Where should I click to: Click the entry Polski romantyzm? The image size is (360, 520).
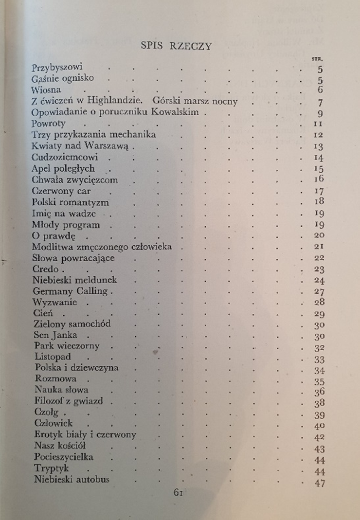[71, 202]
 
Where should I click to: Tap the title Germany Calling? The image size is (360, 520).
[72, 291]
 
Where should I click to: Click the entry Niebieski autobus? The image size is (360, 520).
[72, 480]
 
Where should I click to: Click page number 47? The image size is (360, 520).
[319, 483]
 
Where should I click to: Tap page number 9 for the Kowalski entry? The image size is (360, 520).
[320, 114]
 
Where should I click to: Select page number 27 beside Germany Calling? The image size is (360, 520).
[319, 291]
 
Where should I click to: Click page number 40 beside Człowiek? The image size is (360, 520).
[319, 426]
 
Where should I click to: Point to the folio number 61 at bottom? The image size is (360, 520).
[178, 492]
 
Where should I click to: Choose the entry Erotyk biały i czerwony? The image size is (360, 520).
[85, 435]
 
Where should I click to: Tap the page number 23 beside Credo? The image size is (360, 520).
[319, 269]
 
